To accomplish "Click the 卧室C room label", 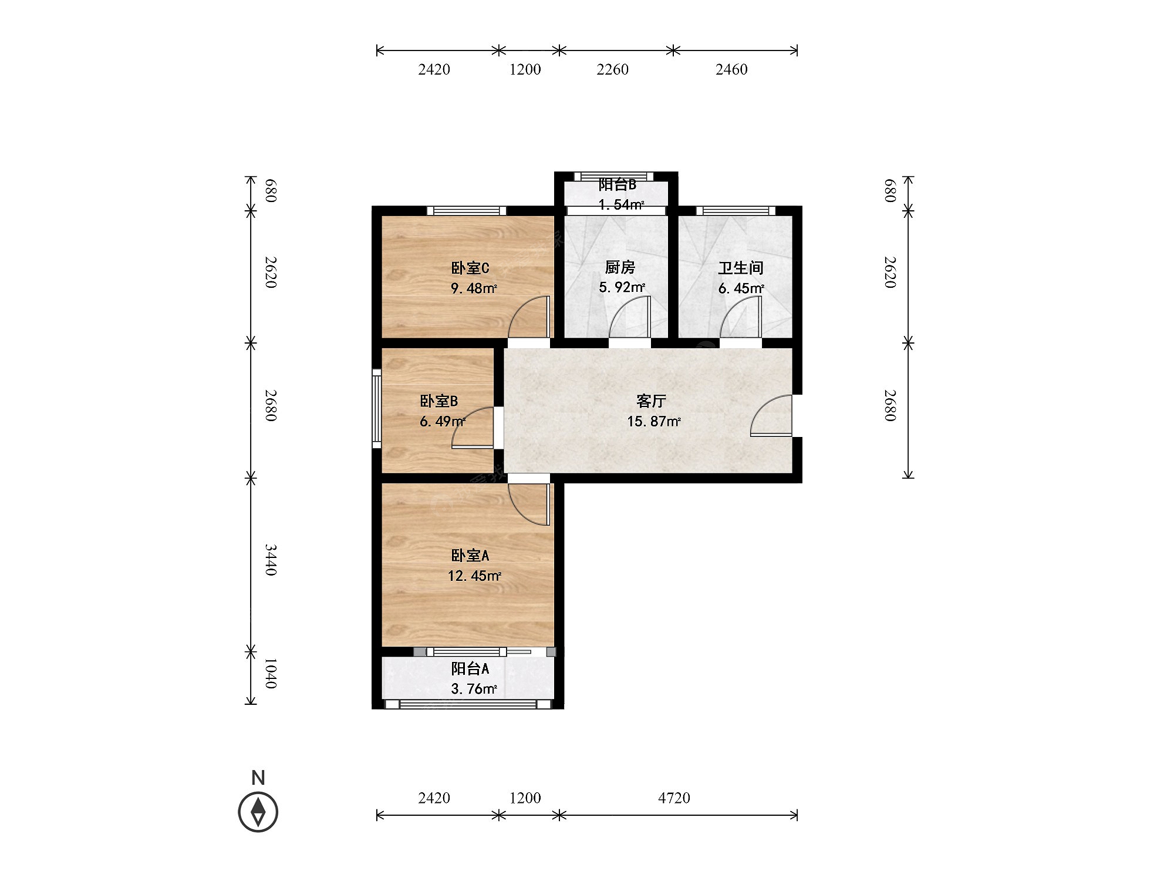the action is (x=470, y=268).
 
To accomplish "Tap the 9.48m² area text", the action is (x=474, y=288).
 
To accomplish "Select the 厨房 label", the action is (x=620, y=267).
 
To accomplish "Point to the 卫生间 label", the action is (x=741, y=268).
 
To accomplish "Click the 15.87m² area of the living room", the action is (x=654, y=422).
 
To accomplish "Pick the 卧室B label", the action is (x=438, y=401).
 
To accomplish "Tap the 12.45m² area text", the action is (x=474, y=576).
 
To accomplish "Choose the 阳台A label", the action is (x=470, y=668).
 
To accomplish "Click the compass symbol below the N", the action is (x=258, y=812).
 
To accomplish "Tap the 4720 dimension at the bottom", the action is (x=674, y=798).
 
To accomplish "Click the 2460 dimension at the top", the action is (x=731, y=69).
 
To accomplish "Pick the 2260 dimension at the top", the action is (x=613, y=69).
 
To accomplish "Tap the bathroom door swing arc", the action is (x=741, y=317).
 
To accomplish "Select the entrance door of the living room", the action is (x=771, y=416).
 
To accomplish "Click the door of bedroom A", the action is (x=529, y=504).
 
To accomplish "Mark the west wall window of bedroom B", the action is (x=377, y=408).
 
